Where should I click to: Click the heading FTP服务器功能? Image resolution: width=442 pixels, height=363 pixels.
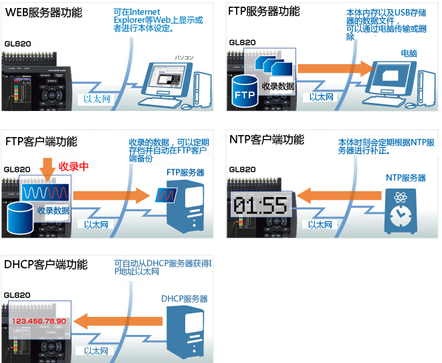click(264, 11)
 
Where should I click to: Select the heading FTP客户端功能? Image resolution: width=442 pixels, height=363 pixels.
click(41, 141)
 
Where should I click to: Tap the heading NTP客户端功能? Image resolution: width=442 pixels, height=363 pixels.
click(266, 140)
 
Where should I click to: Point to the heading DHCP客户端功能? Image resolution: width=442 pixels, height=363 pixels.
click(45, 264)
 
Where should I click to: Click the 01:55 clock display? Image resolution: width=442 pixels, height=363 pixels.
click(260, 205)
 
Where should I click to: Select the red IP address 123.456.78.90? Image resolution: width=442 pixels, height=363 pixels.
click(39, 322)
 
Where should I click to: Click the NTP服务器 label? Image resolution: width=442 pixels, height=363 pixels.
click(405, 177)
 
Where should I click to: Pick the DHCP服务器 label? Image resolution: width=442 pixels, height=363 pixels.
click(185, 299)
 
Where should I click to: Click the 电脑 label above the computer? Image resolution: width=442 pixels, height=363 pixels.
click(409, 53)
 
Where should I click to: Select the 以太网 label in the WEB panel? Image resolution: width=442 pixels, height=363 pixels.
click(96, 99)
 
